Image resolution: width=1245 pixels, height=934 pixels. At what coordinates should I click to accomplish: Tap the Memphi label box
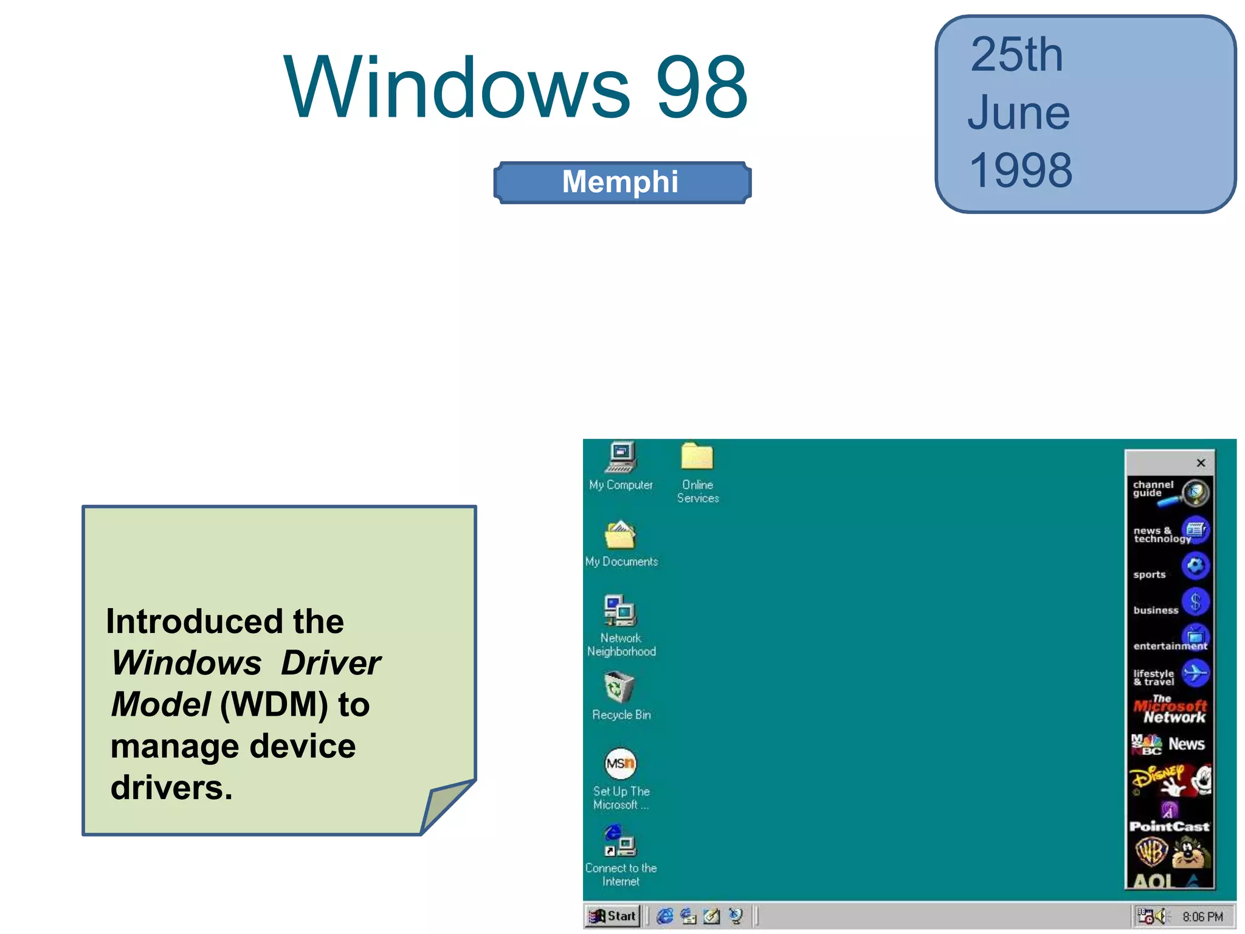click(622, 182)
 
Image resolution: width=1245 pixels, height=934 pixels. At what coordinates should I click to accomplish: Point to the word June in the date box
click(1018, 113)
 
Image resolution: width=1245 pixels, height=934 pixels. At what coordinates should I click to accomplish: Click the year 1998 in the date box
click(1021, 170)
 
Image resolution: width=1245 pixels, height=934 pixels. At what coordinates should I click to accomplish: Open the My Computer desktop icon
click(621, 458)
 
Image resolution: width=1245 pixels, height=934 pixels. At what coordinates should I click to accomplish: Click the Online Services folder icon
click(697, 458)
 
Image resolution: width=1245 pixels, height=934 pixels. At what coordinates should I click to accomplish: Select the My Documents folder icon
click(620, 536)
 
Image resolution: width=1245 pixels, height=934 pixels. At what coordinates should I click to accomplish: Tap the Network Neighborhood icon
click(620, 611)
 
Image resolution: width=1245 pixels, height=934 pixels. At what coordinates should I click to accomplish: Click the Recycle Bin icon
click(619, 688)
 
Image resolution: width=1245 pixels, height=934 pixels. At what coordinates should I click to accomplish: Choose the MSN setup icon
click(620, 764)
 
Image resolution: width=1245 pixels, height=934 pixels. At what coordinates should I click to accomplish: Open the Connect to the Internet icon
click(619, 842)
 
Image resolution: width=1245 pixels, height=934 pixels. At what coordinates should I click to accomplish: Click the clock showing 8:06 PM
click(1202, 916)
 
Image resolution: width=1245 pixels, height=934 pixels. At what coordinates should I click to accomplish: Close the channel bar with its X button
click(1201, 463)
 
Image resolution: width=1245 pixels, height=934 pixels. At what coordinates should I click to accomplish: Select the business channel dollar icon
click(1195, 602)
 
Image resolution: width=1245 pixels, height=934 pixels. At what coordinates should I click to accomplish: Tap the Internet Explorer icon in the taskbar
click(665, 916)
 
